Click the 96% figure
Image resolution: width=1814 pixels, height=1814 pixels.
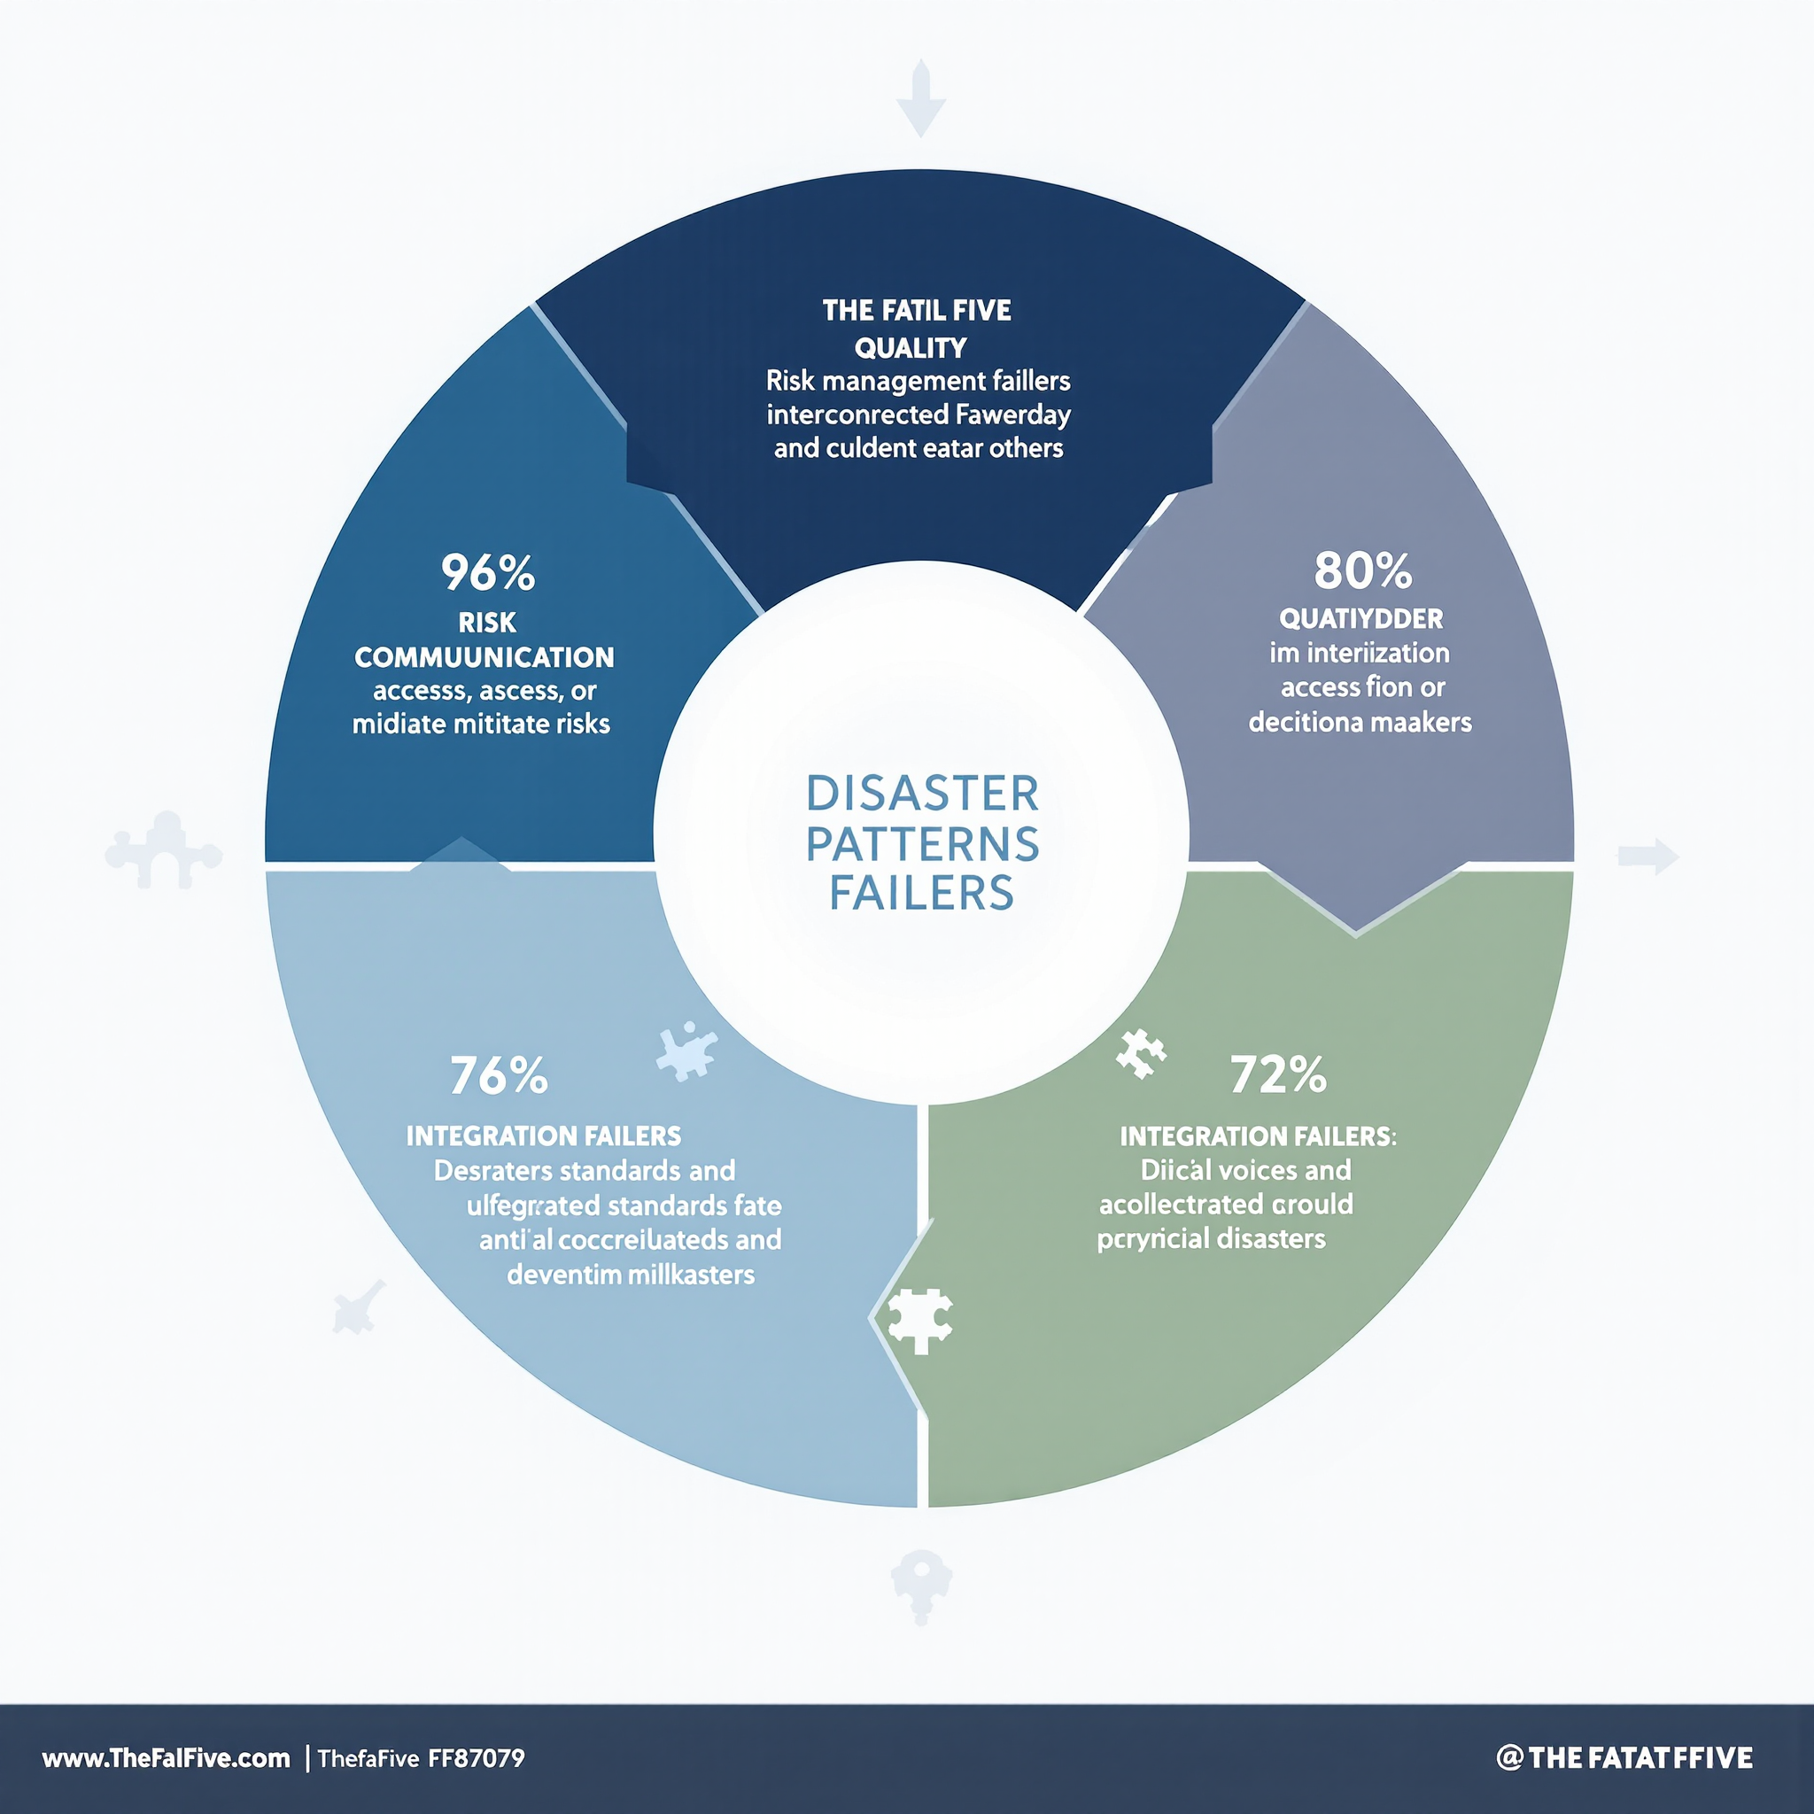487,573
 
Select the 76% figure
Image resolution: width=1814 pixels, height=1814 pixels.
499,1075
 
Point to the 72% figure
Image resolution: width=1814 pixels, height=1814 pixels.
1278,1074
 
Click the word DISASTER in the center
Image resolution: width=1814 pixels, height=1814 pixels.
922,794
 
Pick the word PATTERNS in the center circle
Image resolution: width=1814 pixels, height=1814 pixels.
922,843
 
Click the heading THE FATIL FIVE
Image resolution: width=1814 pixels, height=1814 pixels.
917,311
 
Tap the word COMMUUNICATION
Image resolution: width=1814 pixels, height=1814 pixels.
485,657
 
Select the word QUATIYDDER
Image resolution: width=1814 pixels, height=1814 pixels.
1360,619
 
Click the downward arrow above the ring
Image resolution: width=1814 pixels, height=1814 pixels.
921,98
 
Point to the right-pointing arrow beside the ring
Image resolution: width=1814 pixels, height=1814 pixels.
1648,856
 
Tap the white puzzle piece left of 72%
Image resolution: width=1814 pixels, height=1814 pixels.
1140,1053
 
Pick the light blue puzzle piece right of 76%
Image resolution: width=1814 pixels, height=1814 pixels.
687,1050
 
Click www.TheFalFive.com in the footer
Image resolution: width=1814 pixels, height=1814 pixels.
167,1757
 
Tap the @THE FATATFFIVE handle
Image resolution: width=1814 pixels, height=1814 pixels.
1624,1757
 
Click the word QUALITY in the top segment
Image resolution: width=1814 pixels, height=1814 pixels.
910,348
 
